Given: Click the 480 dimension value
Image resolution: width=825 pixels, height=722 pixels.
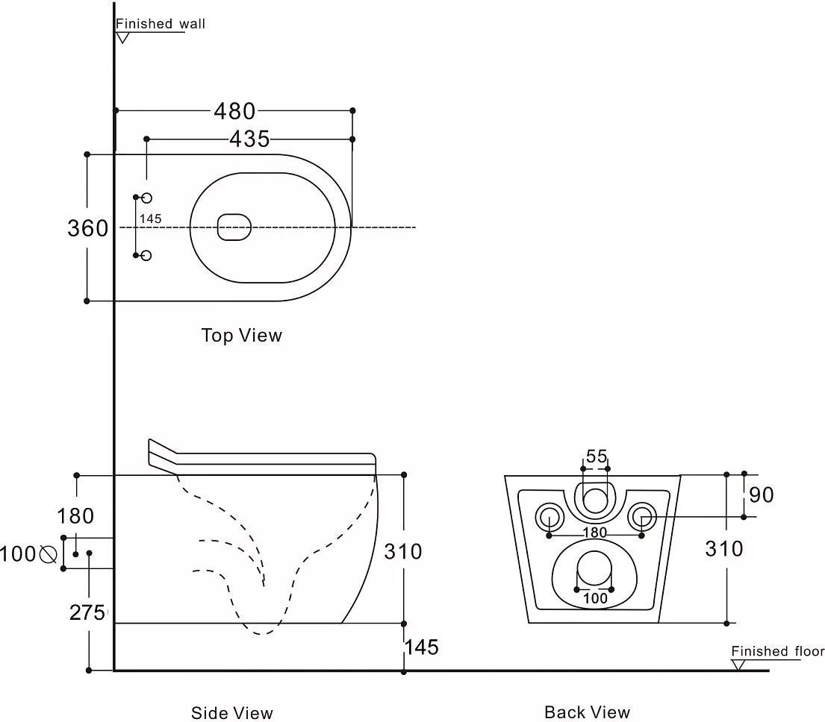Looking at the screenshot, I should (234, 111).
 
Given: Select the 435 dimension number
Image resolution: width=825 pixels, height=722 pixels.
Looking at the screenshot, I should (249, 139).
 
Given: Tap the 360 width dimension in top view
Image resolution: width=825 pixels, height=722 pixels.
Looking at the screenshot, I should (88, 228).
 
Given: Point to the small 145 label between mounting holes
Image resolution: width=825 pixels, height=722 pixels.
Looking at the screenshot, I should (150, 219).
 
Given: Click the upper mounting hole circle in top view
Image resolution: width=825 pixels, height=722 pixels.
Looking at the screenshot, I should (146, 198).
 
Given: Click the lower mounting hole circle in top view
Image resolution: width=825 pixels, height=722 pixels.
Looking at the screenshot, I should (146, 256).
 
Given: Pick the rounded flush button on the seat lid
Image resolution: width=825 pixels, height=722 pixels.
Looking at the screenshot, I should (234, 227).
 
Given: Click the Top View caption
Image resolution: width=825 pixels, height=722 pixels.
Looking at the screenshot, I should (241, 336).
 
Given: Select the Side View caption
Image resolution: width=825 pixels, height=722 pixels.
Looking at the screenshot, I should (232, 713).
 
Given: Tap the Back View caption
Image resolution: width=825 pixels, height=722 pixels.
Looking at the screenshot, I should (587, 712).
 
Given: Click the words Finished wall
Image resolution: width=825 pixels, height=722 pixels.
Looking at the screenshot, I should (161, 24).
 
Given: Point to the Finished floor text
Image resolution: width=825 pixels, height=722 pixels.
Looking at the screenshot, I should (777, 651).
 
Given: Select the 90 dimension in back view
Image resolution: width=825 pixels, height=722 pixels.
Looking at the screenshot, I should (762, 495).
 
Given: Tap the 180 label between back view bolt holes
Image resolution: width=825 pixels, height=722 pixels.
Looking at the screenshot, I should (595, 533).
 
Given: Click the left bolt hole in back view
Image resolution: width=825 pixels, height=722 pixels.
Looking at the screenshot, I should (550, 515).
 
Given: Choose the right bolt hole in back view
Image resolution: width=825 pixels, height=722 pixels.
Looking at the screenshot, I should (641, 515).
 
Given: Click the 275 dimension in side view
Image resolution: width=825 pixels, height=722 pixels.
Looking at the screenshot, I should (87, 612).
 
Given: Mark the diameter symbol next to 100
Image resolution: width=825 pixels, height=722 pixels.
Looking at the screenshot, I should (49, 554).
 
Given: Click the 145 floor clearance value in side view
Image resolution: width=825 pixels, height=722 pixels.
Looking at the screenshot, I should (421, 647).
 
